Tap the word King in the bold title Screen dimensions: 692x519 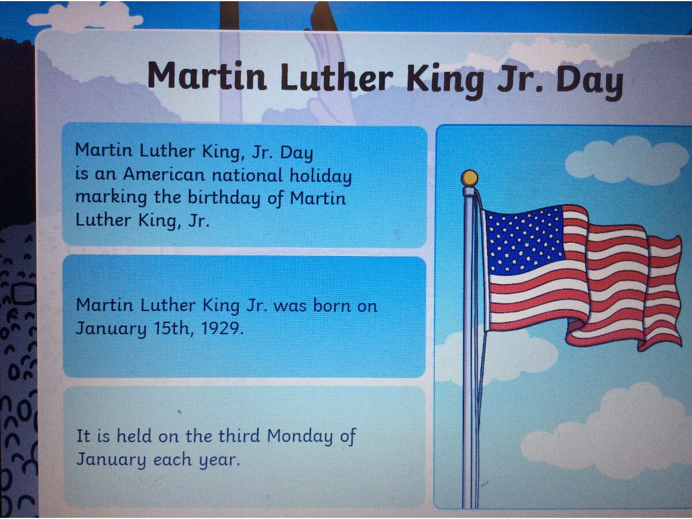tap(445, 81)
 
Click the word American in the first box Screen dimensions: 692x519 tap(164, 174)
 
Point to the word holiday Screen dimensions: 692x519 tap(321, 175)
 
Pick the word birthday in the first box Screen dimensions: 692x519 tap(224, 198)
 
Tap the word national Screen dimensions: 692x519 tap(247, 175)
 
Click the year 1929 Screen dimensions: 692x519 tap(222, 328)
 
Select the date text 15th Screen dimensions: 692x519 tap(174, 328)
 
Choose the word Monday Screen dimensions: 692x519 tap(299, 437)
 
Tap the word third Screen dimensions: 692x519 tap(239, 435)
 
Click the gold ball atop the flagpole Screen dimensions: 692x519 tap(469, 178)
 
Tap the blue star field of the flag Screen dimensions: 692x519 tap(524, 240)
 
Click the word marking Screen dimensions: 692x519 tap(111, 198)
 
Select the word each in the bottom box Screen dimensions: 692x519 tap(172, 459)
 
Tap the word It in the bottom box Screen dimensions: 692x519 tap(83, 435)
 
